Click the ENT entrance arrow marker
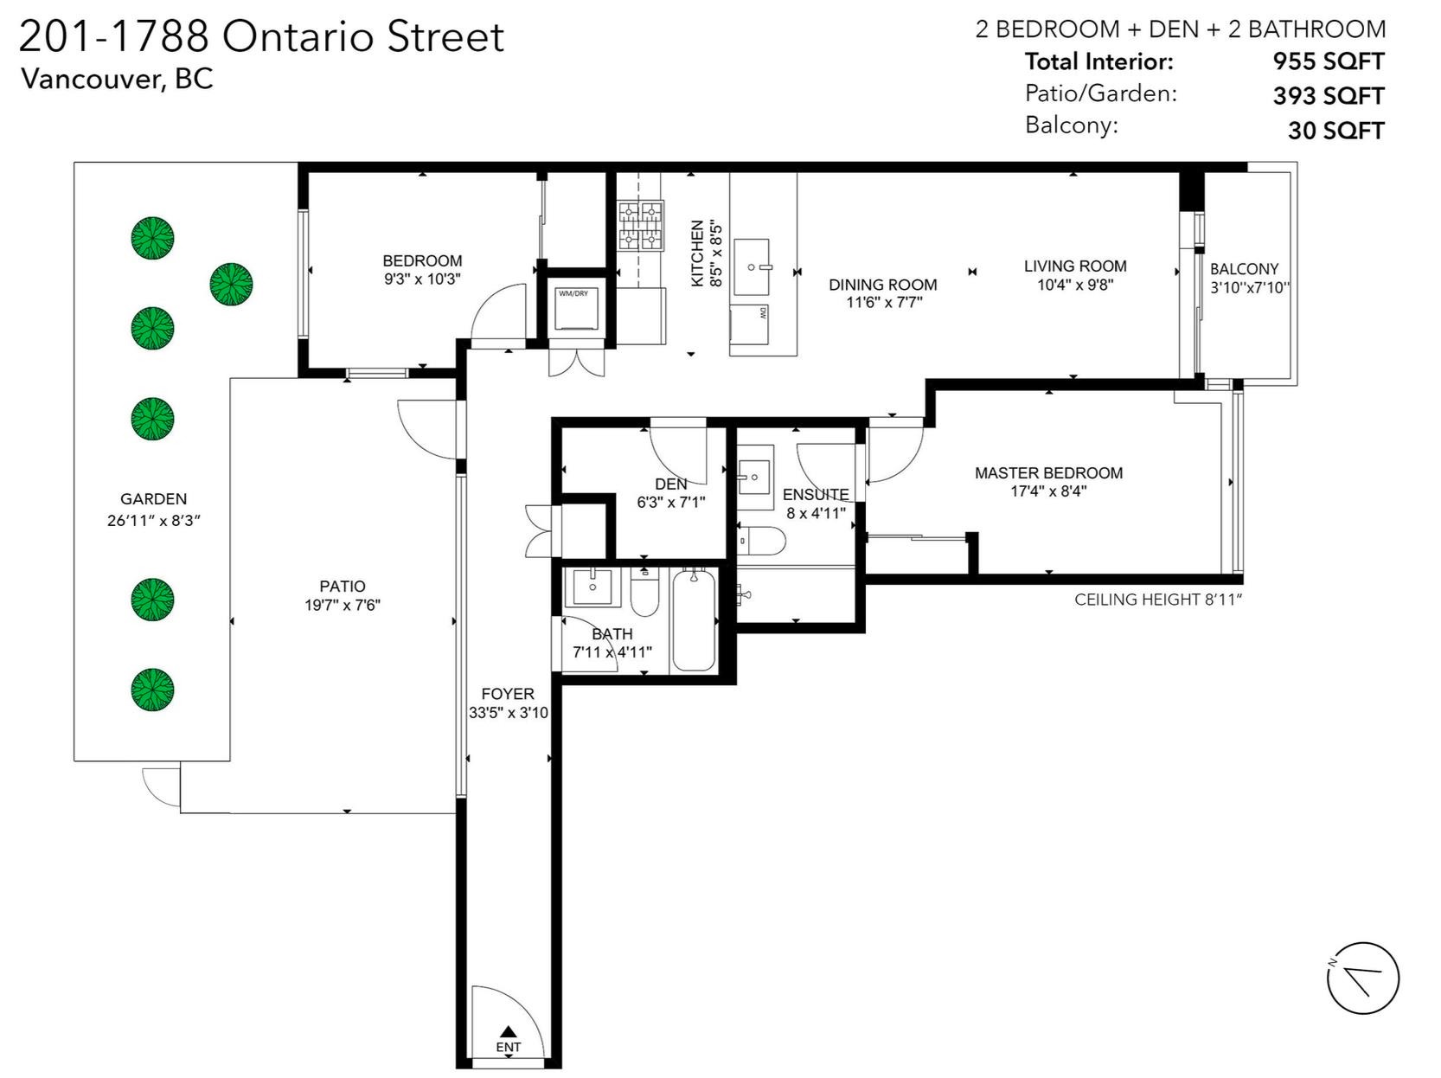(x=509, y=1031)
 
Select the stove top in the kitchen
(x=641, y=226)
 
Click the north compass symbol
(x=1362, y=978)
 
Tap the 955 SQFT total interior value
(x=1328, y=61)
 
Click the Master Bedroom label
(x=1048, y=473)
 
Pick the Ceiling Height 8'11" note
(x=1157, y=600)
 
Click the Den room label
(x=671, y=484)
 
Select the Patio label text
(x=343, y=587)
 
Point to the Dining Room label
(x=882, y=285)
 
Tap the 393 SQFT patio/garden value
(x=1328, y=96)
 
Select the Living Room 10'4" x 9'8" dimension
(x=1075, y=284)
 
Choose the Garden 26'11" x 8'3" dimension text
(x=153, y=521)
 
